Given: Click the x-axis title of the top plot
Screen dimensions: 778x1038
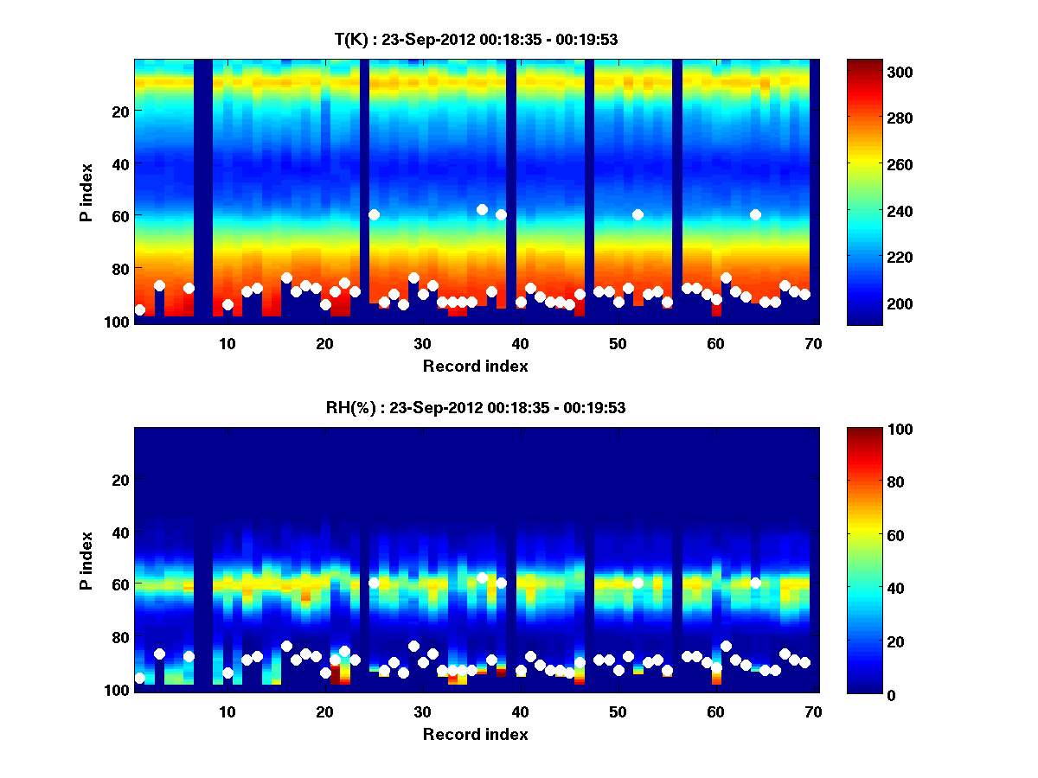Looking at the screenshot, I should click(x=475, y=366).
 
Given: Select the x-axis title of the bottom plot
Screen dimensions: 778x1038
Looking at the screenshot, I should click(x=475, y=734).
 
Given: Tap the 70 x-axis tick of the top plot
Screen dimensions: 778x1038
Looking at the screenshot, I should click(x=813, y=343).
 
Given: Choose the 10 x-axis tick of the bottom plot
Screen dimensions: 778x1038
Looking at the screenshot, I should click(x=227, y=711).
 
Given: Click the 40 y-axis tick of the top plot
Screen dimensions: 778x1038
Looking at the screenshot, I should click(x=119, y=163).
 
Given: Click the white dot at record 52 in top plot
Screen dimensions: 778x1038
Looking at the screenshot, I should click(x=638, y=214).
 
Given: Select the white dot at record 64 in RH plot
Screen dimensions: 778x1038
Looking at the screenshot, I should click(x=755, y=583).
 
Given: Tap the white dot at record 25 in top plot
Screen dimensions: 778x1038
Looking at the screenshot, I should click(x=374, y=214).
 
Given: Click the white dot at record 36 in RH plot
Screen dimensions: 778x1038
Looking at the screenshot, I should click(x=482, y=577).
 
